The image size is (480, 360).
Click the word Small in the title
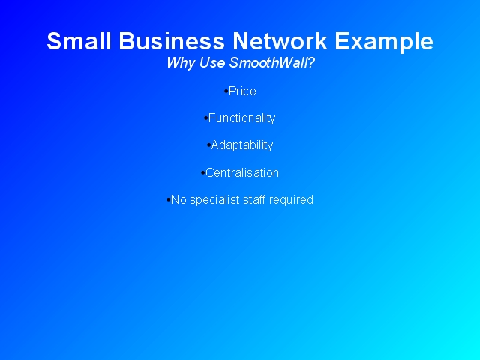click(x=79, y=41)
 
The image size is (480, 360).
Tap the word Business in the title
click(x=172, y=41)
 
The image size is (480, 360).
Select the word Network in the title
click(x=280, y=41)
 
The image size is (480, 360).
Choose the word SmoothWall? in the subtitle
click(x=271, y=62)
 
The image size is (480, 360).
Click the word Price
click(x=242, y=91)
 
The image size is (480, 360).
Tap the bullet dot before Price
click(x=226, y=91)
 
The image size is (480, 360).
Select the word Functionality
click(x=241, y=118)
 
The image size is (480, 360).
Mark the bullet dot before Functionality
click(x=205, y=118)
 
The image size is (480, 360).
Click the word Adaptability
click(x=242, y=145)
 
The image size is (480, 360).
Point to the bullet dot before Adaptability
click(x=208, y=145)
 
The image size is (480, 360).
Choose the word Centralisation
click(x=242, y=173)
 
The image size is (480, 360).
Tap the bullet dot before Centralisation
click(x=203, y=173)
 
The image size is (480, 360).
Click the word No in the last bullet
click(x=178, y=200)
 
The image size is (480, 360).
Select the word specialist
click(x=214, y=200)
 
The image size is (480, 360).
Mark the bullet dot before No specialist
click(x=168, y=200)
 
